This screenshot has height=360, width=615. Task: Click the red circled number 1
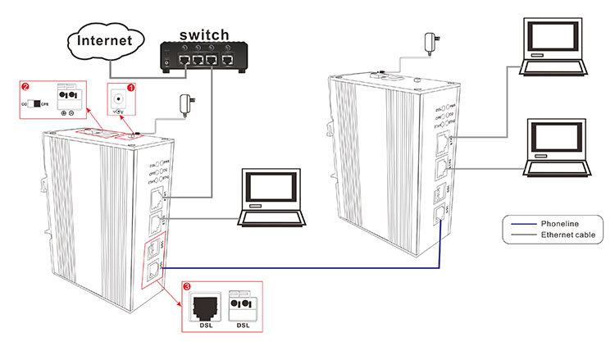point(131,86)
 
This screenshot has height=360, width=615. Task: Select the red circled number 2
point(25,85)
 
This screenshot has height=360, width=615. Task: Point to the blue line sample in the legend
point(520,223)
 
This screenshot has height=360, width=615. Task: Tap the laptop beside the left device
point(271,198)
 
